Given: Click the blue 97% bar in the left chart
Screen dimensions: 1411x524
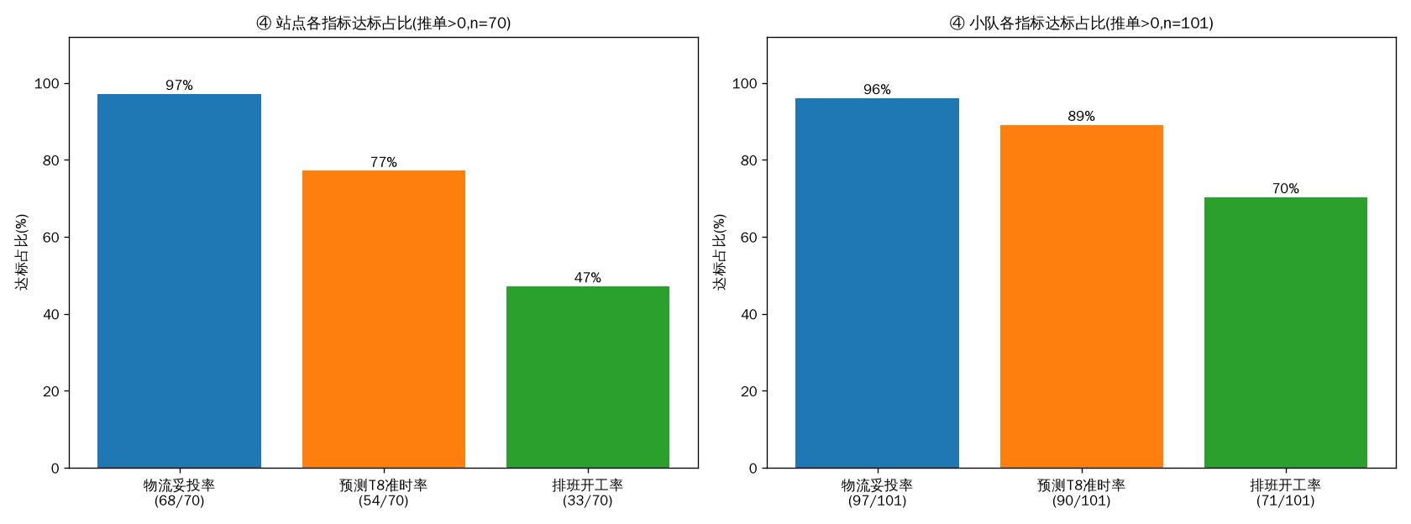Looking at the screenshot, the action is point(180,280).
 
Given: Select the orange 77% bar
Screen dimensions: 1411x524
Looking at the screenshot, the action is point(384,319).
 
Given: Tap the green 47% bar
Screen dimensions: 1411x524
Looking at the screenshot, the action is point(588,377).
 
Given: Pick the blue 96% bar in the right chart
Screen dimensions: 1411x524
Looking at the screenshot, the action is point(877,284).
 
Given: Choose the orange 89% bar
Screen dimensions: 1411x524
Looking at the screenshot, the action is point(1082,296).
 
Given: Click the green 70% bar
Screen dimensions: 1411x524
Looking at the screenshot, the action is point(1286,333).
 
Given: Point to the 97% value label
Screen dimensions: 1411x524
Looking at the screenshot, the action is point(180,85).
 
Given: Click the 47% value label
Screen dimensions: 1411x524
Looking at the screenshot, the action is point(588,278).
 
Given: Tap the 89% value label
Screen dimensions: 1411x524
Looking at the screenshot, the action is point(1082,116).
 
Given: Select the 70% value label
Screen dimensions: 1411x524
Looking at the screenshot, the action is point(1286,188).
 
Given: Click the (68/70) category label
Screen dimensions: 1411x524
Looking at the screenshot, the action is point(180,500).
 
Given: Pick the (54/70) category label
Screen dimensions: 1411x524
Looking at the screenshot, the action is point(384,500).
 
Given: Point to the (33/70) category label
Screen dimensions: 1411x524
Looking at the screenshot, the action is point(588,500).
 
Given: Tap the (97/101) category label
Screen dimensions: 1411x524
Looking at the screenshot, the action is point(877,500).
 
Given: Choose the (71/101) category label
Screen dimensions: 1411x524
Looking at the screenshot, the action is point(1286,500).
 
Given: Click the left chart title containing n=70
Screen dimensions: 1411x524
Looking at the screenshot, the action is point(384,24).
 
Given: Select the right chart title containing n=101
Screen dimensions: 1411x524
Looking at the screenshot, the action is point(1082,24).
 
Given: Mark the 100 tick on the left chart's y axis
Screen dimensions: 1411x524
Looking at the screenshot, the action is point(47,84).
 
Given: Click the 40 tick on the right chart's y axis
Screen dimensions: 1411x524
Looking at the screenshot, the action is point(749,314).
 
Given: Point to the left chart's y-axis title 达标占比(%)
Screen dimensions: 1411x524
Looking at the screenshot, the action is point(22,252).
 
